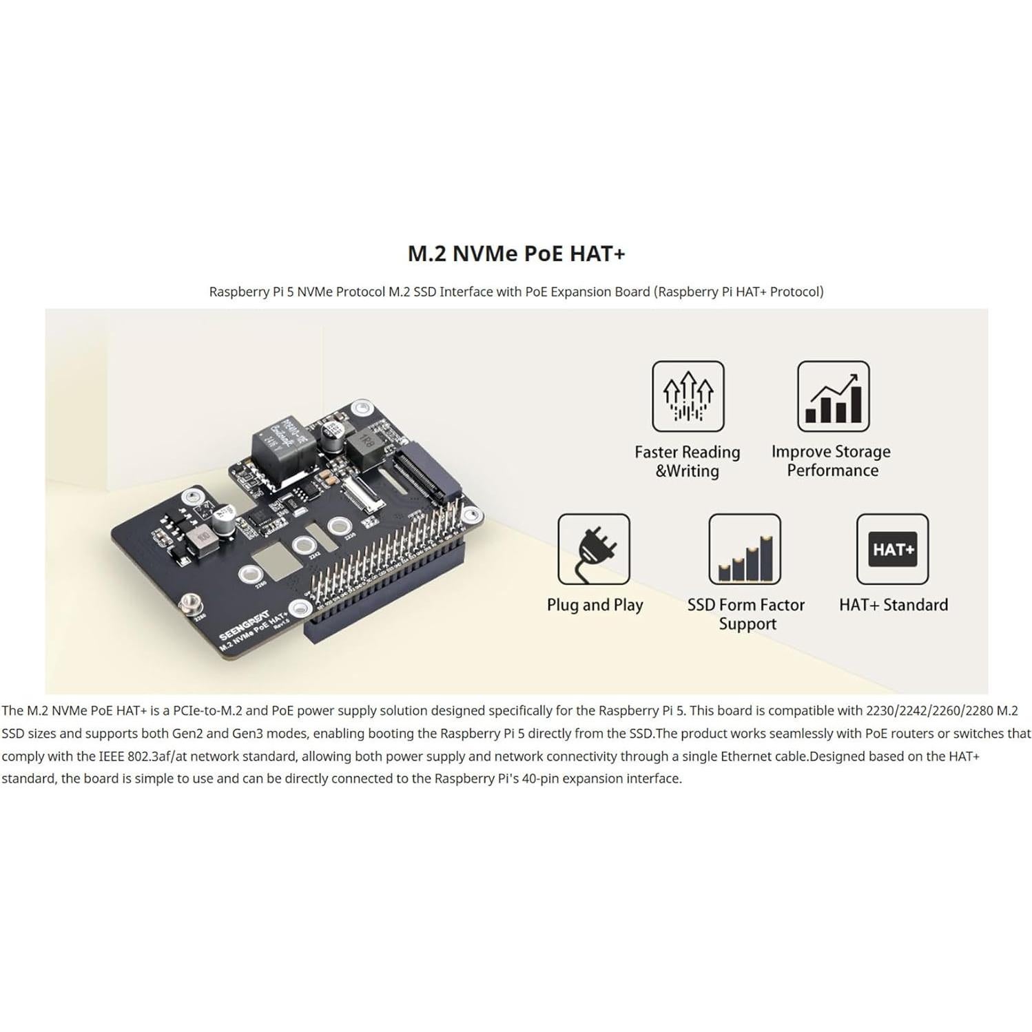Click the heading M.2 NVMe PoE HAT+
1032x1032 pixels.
coord(516,254)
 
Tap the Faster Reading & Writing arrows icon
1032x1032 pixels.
coord(688,396)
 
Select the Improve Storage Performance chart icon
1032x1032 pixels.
coord(833,396)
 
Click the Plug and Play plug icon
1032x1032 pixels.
coord(593,549)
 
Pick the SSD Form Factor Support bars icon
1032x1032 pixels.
coord(745,549)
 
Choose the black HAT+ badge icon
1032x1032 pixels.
coord(892,549)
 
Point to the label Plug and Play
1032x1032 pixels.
coord(595,605)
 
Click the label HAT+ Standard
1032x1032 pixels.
coord(893,605)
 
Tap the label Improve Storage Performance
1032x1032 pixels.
coord(831,461)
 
